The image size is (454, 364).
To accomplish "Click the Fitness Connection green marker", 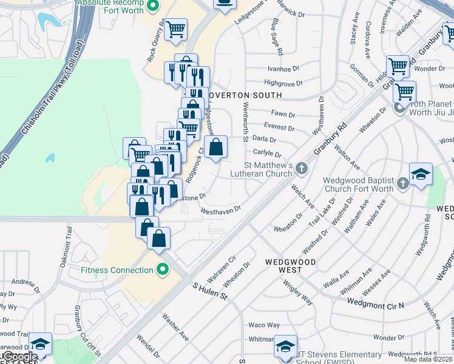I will (x=162, y=269).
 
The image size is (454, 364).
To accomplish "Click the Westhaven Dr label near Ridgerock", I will (x=221, y=210).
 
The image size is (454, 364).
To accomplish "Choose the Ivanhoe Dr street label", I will (x=284, y=69).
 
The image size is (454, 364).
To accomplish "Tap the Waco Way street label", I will (x=264, y=325).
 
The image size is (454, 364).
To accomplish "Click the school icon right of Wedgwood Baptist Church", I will (x=421, y=174).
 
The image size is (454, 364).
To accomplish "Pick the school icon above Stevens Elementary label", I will (x=285, y=346).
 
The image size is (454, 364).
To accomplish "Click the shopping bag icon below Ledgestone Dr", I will (x=215, y=147).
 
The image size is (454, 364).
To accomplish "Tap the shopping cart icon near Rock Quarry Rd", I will (x=175, y=29).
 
